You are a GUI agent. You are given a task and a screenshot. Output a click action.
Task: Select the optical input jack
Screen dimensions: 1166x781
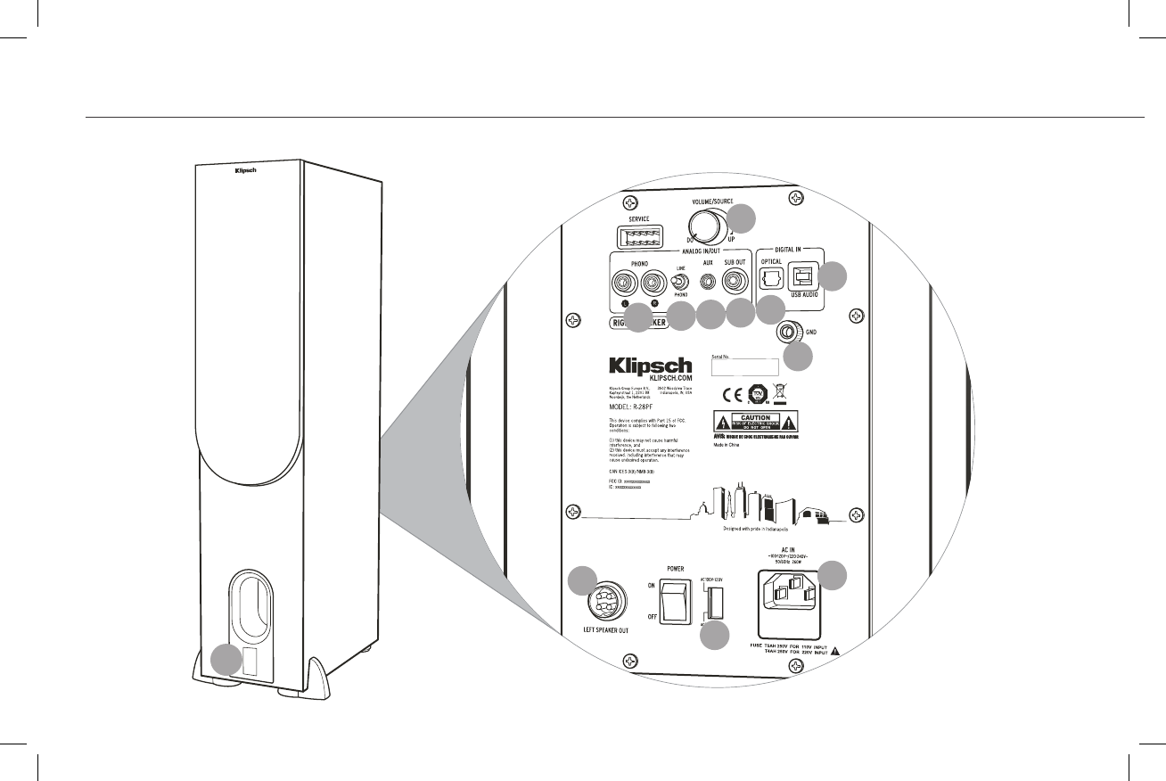coord(771,278)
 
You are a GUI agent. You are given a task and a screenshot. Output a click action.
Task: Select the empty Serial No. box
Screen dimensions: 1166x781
coord(744,366)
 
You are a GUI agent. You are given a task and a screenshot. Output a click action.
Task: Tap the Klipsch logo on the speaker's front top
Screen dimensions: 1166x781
coord(245,170)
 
